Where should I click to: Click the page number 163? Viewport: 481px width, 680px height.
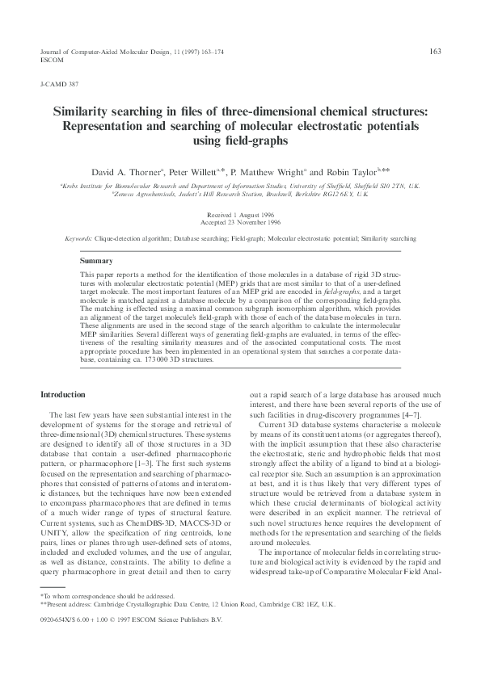click(x=434, y=51)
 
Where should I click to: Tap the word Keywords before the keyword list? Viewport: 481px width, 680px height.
click(x=79, y=239)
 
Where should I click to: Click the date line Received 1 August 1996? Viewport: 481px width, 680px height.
click(x=240, y=215)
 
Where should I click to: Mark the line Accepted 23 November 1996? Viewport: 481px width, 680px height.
click(x=240, y=221)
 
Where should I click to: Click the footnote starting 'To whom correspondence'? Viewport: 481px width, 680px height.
click(x=113, y=617)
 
